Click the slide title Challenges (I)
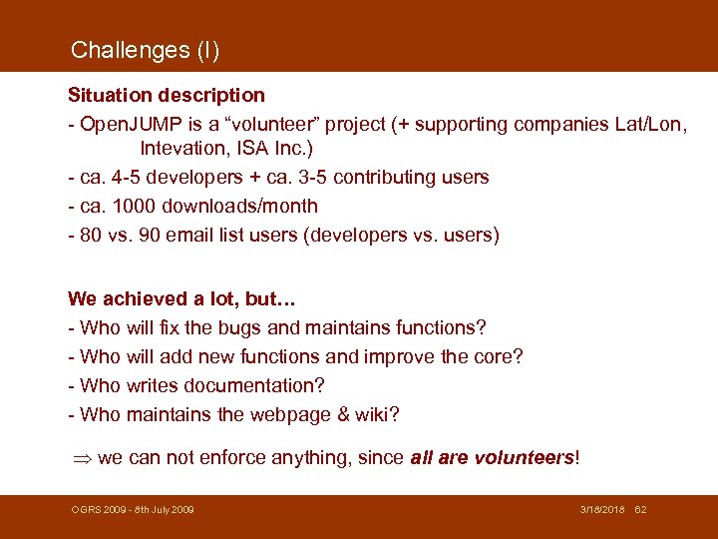(x=146, y=50)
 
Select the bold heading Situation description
(x=167, y=96)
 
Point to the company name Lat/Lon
(x=651, y=125)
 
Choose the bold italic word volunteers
(x=524, y=458)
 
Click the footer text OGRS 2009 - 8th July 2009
(x=133, y=510)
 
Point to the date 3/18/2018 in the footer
(x=602, y=510)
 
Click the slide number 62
(x=641, y=510)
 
